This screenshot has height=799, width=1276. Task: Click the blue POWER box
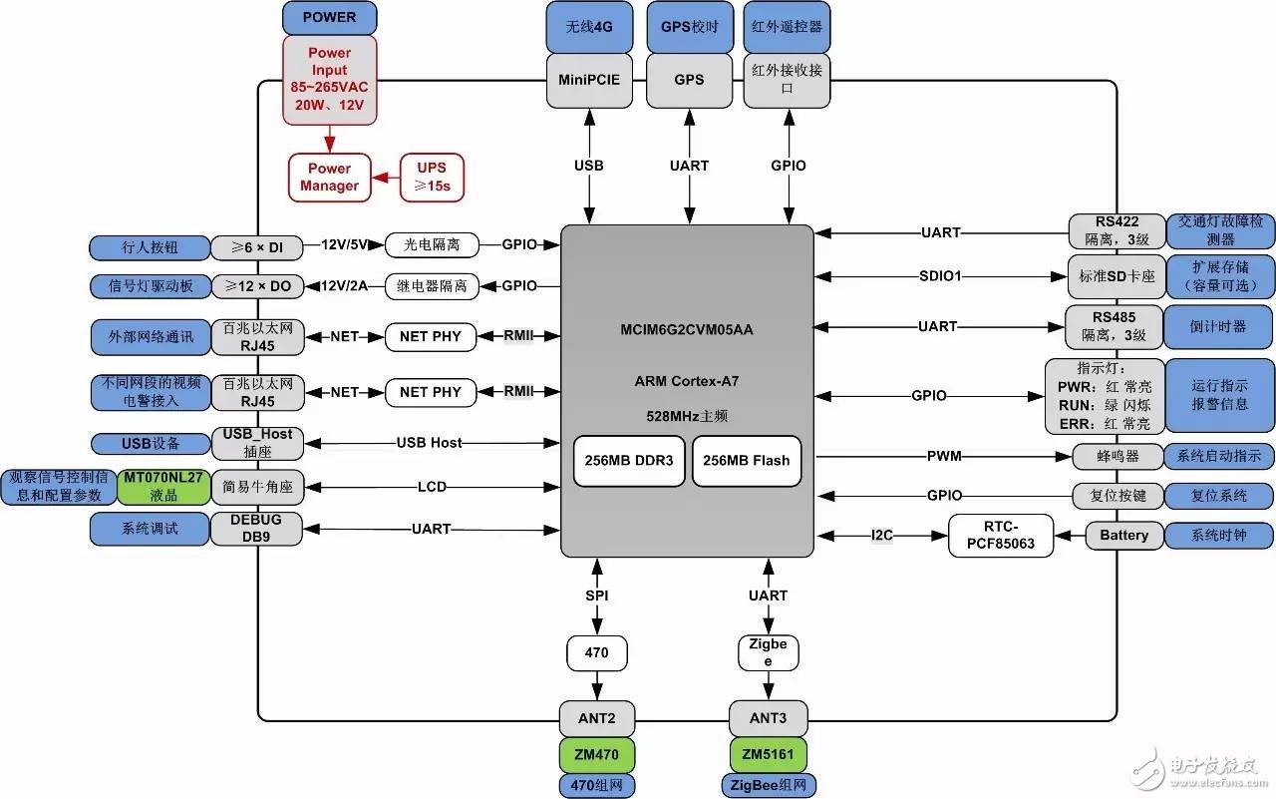[x=329, y=17]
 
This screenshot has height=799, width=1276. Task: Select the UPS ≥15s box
[x=432, y=177]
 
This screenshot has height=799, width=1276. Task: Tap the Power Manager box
[x=329, y=177]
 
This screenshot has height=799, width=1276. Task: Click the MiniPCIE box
[x=590, y=80]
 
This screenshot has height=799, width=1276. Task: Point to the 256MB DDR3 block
[x=629, y=461]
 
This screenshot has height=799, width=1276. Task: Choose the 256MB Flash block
[x=747, y=461]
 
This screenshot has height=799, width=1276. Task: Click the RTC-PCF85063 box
[x=1000, y=536]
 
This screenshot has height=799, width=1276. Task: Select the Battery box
[x=1123, y=536]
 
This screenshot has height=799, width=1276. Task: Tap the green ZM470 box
[x=597, y=752]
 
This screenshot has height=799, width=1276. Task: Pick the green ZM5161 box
[x=769, y=752]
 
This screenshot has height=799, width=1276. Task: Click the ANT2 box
[x=597, y=716]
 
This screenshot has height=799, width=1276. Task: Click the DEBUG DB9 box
[x=256, y=529]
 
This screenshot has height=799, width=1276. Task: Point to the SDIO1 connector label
[x=940, y=275]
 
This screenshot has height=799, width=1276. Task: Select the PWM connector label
[x=944, y=457]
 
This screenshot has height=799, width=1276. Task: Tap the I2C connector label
[x=882, y=536]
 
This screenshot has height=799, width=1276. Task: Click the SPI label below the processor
[x=597, y=596]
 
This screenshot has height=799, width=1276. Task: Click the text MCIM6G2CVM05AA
[x=687, y=330]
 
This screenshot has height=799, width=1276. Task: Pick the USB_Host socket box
[x=256, y=443]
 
